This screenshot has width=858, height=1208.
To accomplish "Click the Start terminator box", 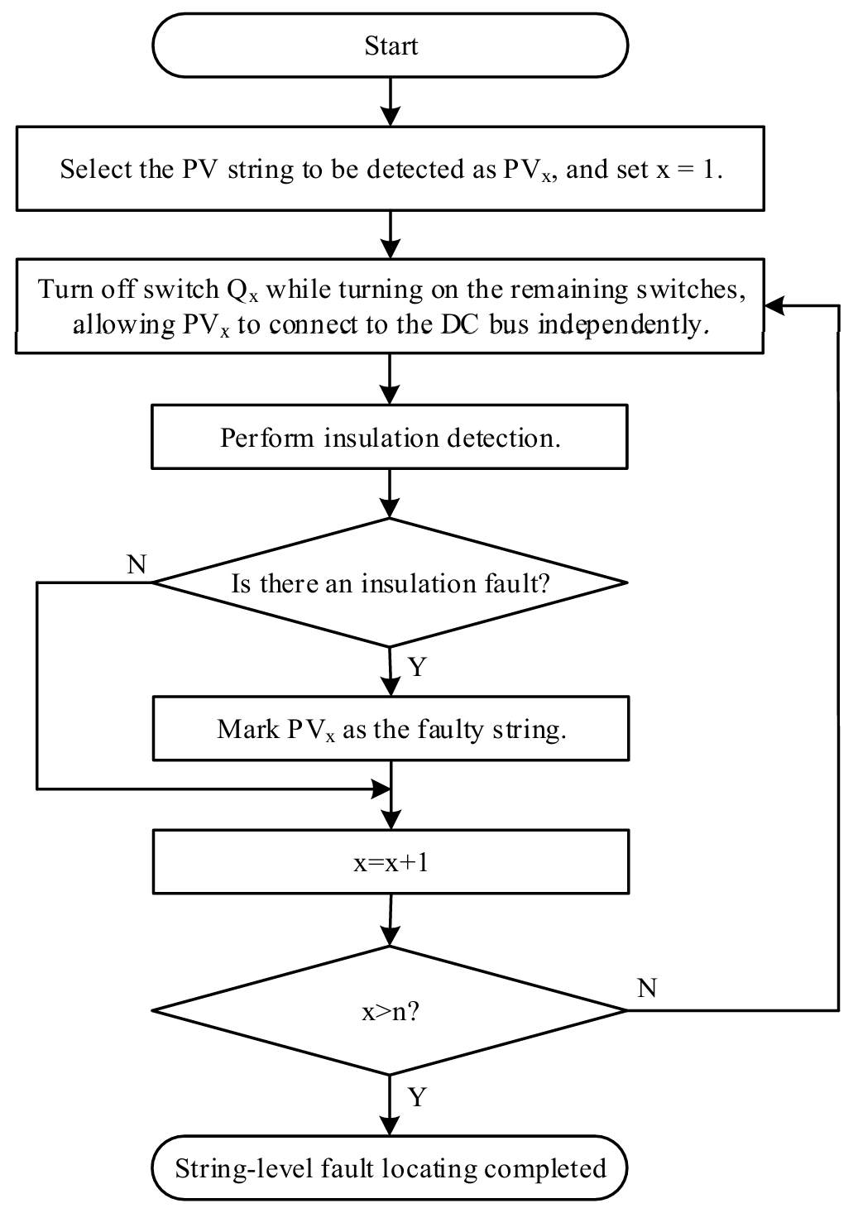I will (x=390, y=46).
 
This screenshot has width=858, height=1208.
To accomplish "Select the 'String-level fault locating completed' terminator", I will (x=390, y=1168).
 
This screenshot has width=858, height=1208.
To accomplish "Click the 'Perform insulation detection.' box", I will (x=390, y=437).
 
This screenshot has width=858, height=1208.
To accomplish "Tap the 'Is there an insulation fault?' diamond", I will (x=390, y=583).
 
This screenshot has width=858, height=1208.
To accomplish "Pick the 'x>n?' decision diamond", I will (x=390, y=1010).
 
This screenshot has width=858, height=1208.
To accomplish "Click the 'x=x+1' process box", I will (x=390, y=862).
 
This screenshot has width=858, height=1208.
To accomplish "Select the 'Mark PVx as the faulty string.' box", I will (x=390, y=729).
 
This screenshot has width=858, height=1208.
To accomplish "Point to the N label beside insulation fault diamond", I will (x=137, y=564).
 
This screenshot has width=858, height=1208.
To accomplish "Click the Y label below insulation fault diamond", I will (x=417, y=667).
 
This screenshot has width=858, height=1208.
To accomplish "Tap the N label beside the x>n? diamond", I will (x=647, y=988).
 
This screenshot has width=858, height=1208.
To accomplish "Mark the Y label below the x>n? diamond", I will (x=417, y=1097).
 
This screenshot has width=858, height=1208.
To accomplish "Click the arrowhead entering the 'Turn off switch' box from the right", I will (x=774, y=306).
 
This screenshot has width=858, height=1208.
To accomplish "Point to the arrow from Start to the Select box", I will (x=390, y=102).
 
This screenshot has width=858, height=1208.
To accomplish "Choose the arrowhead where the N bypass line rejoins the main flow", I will (x=381, y=789).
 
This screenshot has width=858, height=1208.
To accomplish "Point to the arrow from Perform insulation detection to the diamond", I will (x=390, y=494).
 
